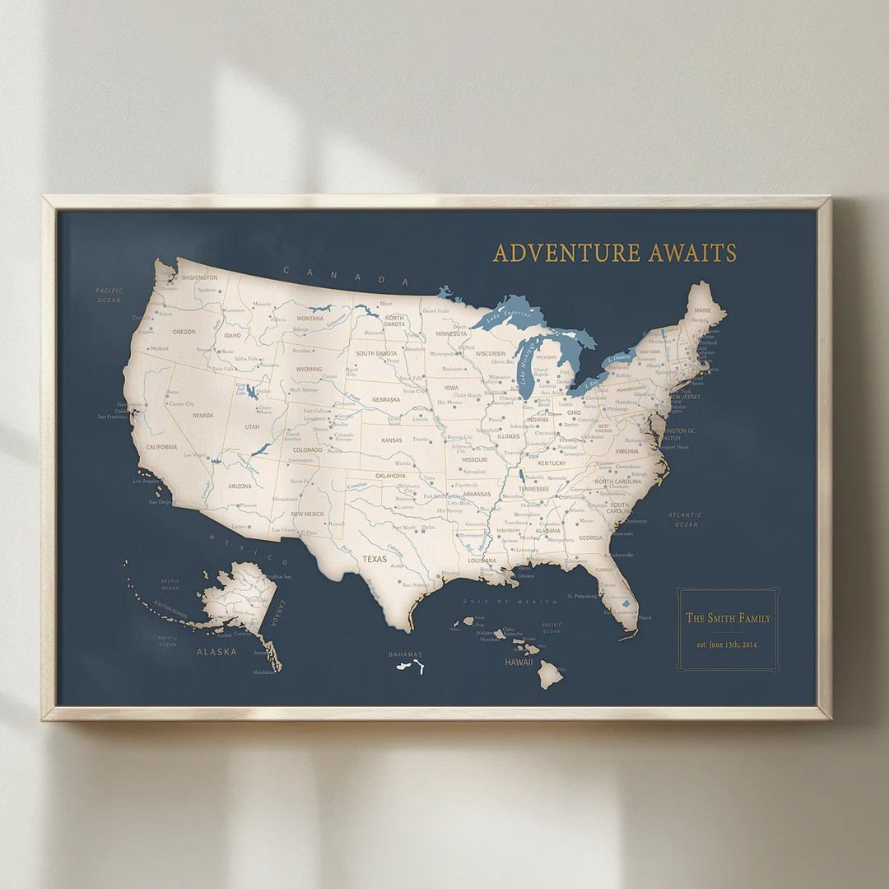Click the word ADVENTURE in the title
point(566,253)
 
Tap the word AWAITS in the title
point(692,253)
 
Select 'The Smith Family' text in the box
point(728,618)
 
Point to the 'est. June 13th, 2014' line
point(728,645)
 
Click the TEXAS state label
point(375,559)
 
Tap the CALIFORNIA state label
point(161,447)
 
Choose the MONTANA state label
point(310,318)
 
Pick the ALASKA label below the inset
point(216,651)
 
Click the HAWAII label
point(519,662)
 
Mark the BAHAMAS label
point(404,654)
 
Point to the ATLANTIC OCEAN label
point(686,519)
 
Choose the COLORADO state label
point(307,450)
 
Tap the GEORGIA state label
point(590,538)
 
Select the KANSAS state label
point(391,440)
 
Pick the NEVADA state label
point(202,416)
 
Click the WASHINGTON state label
point(199,278)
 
